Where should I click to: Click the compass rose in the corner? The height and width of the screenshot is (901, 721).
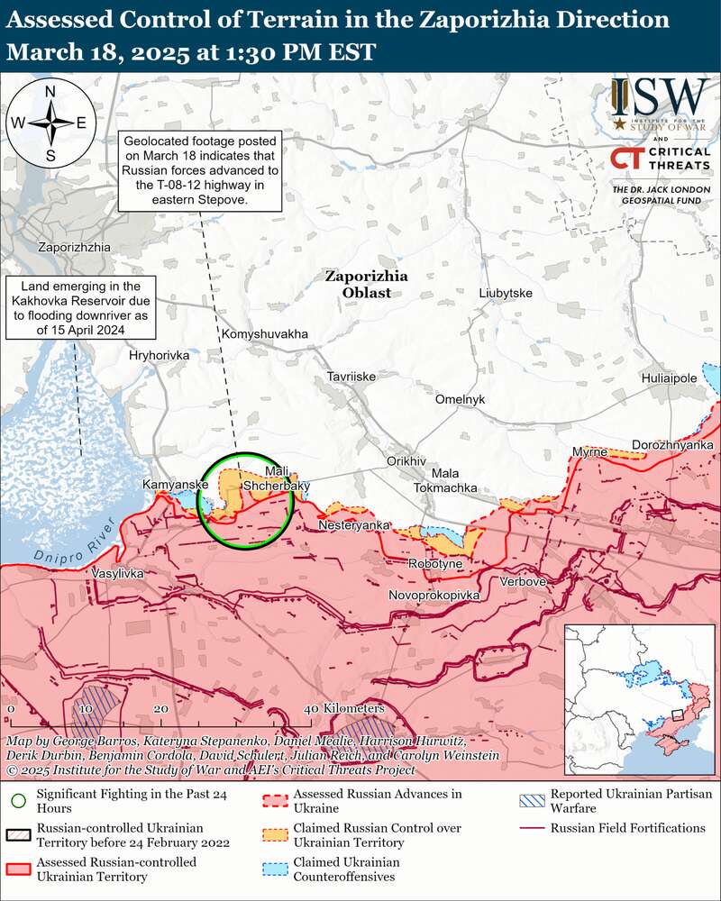tap(50, 123)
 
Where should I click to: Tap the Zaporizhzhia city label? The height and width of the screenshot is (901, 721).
tap(74, 246)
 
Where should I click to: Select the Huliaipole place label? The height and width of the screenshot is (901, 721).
tap(669, 378)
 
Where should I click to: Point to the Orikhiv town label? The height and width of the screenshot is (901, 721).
tap(405, 460)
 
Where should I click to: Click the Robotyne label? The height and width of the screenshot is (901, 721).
tap(435, 564)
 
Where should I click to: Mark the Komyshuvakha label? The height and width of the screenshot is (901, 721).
tap(264, 334)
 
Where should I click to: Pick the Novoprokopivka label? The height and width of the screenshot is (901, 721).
tap(434, 596)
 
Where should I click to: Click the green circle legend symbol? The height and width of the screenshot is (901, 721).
tap(17, 798)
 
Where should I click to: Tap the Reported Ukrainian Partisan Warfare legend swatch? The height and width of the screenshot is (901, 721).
tap(532, 799)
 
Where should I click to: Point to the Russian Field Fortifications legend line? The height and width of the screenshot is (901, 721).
tap(532, 828)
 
